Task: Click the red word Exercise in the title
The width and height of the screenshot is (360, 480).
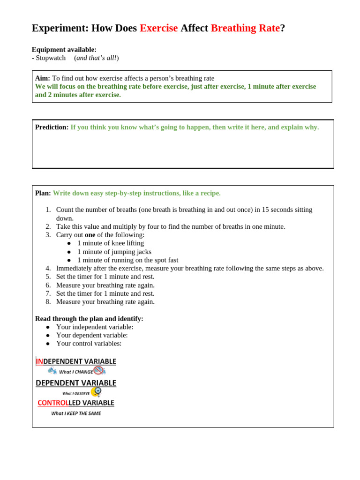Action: pyautogui.click(x=158, y=28)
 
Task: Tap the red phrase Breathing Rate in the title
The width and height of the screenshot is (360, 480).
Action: pyautogui.click(x=245, y=28)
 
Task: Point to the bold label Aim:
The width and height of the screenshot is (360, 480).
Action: pyautogui.click(x=42, y=78)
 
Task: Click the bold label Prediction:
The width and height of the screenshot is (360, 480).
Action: pyautogui.click(x=52, y=127)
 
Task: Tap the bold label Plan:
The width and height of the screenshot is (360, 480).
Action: pyautogui.click(x=43, y=193)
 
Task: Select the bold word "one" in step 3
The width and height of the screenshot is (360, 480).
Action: pyautogui.click(x=90, y=234)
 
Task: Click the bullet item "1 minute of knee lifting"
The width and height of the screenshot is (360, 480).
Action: pyautogui.click(x=111, y=243)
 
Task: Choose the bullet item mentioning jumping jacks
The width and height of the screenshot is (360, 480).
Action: pyautogui.click(x=114, y=251)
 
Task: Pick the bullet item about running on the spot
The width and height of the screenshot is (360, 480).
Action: pyautogui.click(x=127, y=260)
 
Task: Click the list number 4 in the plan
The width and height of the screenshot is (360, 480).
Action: pyautogui.click(x=48, y=268)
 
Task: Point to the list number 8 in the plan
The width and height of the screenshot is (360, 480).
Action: pyautogui.click(x=48, y=301)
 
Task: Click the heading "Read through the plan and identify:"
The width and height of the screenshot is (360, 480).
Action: pyautogui.click(x=89, y=318)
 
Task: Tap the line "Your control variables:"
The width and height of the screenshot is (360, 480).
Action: pyautogui.click(x=89, y=343)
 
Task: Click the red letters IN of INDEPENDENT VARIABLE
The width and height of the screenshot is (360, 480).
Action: pyautogui.click(x=39, y=361)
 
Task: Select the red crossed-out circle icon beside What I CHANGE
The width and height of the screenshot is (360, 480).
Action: pyautogui.click(x=98, y=370)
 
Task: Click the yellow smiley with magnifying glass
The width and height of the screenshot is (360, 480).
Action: pyautogui.click(x=96, y=391)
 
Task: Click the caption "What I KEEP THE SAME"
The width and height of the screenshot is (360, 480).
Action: pyautogui.click(x=76, y=413)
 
